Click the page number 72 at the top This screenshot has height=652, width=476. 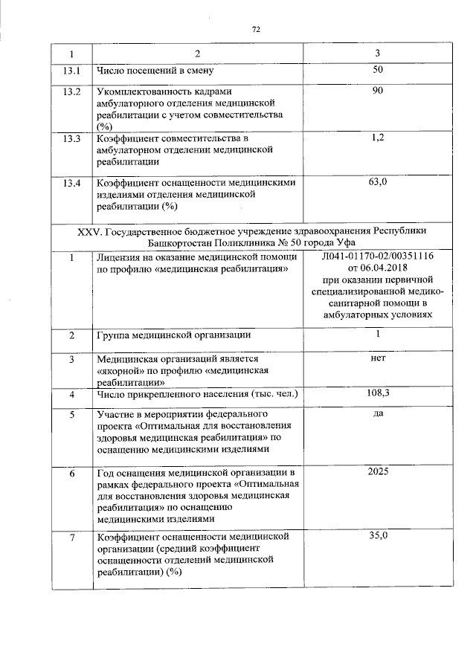coord(256,30)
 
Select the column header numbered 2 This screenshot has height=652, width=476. coord(197,54)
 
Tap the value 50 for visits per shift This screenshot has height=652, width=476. coord(377,70)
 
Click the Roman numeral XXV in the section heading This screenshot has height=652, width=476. coord(90,232)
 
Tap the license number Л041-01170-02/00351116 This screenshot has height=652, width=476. coord(377,256)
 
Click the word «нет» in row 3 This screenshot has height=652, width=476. coord(377,358)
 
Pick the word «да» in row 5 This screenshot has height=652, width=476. coord(377,413)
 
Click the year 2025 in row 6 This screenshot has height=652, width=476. coord(377,472)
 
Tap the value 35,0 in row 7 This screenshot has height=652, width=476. coord(377,535)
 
